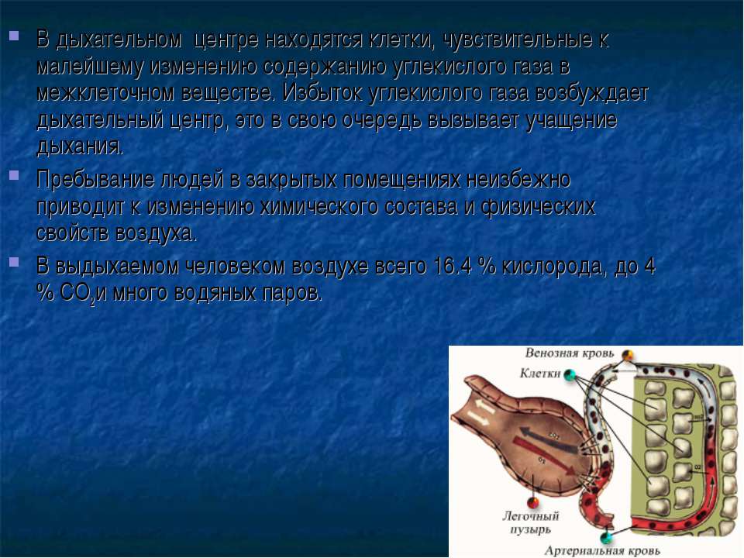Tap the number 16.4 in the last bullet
pos(452,266)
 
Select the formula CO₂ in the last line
pos(77,294)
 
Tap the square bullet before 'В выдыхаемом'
pos(14,262)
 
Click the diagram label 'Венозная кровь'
pos(570,353)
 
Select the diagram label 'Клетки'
pos(540,374)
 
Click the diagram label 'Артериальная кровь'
pos(602,551)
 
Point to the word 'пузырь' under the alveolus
pos(530,529)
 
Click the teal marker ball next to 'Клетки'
pos(570,374)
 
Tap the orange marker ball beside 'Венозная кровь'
pos(628,356)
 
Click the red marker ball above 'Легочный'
pos(533,502)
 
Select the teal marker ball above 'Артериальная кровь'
pos(606,537)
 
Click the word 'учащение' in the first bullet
pos(572,120)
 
